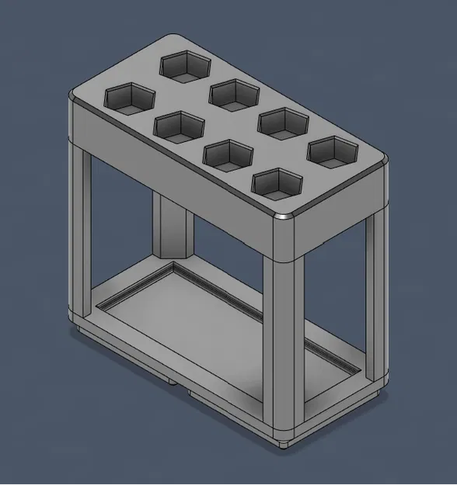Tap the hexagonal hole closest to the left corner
(130, 99)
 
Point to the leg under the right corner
(376, 295)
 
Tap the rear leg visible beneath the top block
(173, 225)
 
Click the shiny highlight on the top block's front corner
(284, 217)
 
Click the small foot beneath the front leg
(284, 444)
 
